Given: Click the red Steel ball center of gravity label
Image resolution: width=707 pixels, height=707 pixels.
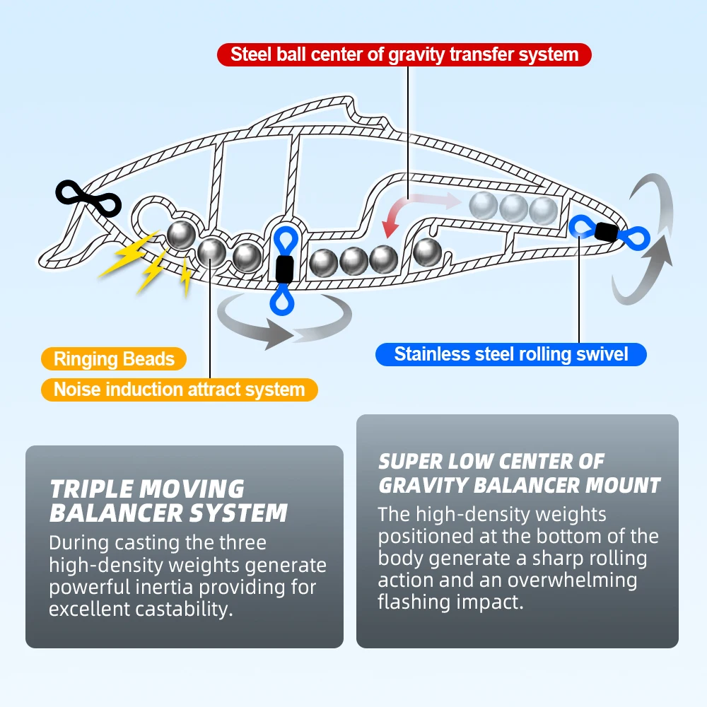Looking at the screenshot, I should pyautogui.click(x=404, y=54).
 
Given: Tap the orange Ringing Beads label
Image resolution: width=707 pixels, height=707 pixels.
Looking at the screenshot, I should pyautogui.click(x=114, y=358).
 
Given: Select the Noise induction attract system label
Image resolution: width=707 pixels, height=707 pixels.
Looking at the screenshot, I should pyautogui.click(x=179, y=389).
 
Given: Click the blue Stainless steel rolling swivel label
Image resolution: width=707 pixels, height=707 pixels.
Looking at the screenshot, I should pyautogui.click(x=510, y=353).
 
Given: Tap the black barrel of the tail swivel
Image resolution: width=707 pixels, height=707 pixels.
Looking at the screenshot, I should pyautogui.click(x=606, y=231).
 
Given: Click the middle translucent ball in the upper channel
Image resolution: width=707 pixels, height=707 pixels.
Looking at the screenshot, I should pyautogui.click(x=514, y=208).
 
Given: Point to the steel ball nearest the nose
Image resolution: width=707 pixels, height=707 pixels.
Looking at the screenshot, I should pyautogui.click(x=181, y=234).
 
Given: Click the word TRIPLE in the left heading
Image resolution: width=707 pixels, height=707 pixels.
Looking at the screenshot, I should pyautogui.click(x=90, y=489).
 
